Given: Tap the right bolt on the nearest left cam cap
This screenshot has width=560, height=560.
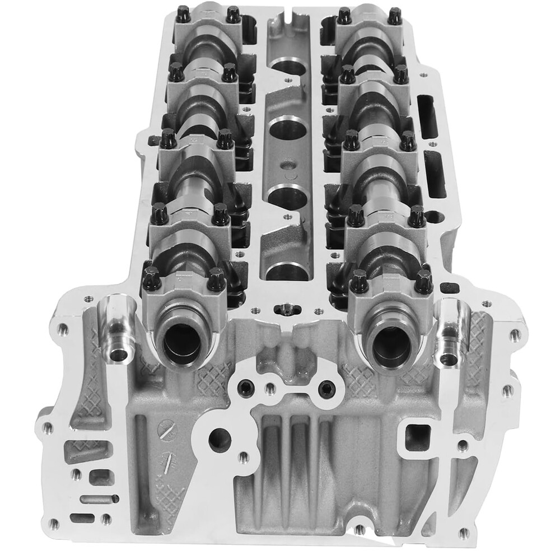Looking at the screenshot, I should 216,278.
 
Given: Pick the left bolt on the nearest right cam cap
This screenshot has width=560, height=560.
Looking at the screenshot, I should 359,278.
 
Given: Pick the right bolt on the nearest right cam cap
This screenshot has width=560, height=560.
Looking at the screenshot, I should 423,278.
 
